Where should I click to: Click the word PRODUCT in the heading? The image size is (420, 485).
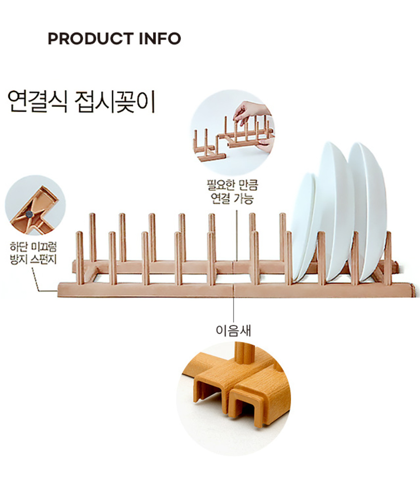(91, 39)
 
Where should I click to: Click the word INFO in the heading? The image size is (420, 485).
(160, 39)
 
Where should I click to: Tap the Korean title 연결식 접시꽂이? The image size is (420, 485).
(81, 101)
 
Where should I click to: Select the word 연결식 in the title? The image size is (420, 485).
(37, 101)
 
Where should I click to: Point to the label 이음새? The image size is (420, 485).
(233, 330)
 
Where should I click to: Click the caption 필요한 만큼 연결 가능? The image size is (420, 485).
(232, 192)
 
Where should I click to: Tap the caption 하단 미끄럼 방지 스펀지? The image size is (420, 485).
(34, 253)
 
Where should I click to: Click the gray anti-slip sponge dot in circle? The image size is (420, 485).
(30, 213)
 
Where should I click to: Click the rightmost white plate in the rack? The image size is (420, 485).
(368, 210)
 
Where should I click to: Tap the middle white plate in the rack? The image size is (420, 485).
(336, 210)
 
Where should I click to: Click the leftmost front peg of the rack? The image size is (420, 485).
(80, 258)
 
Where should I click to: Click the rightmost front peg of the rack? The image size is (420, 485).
(388, 258)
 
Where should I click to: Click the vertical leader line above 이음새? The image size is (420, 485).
(233, 310)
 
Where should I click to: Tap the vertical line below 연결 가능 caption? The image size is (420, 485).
(237, 236)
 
